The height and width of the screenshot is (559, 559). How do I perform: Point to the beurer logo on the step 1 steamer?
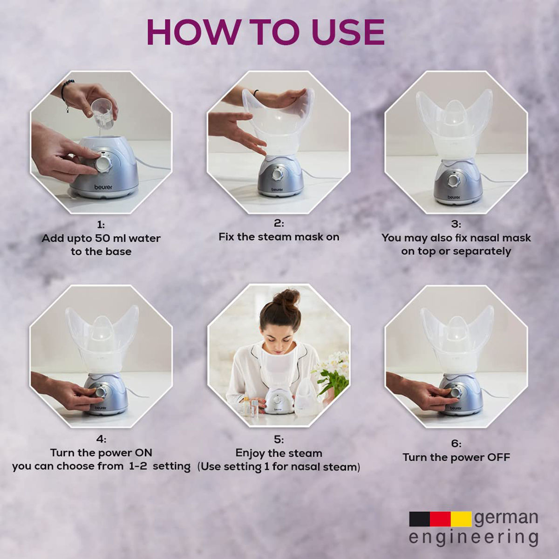point(103,187)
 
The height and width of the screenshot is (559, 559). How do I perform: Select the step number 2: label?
point(279,224)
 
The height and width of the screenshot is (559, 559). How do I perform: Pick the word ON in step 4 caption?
point(143,452)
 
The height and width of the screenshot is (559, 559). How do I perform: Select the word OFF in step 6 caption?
point(498,457)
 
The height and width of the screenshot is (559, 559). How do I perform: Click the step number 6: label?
point(456,443)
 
